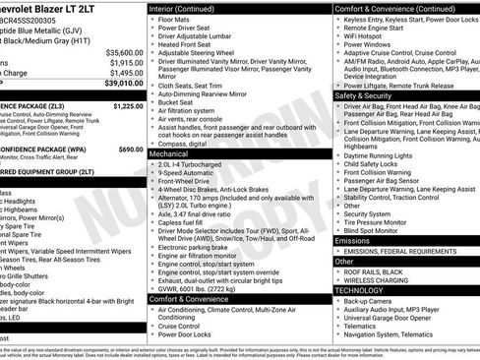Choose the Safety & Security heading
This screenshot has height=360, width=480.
(364, 95)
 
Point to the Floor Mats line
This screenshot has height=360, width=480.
(176, 19)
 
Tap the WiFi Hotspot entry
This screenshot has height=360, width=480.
(368, 44)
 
